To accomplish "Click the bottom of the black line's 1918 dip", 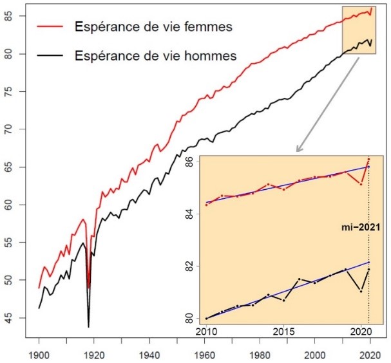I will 88,327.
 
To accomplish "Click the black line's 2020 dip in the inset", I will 361,291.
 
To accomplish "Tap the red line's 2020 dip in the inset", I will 361,184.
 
